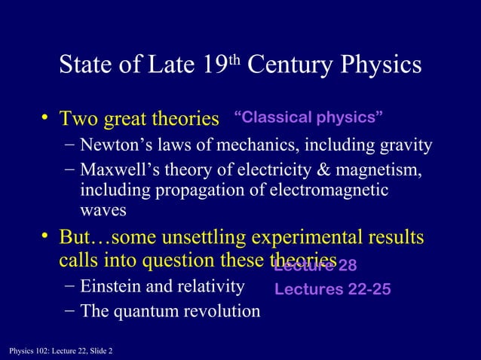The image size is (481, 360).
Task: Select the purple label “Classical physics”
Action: click(x=309, y=117)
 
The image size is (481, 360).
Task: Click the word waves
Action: click(x=103, y=211)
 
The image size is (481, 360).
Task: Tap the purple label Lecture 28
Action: click(x=315, y=265)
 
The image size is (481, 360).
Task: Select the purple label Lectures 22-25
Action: click(x=332, y=289)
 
